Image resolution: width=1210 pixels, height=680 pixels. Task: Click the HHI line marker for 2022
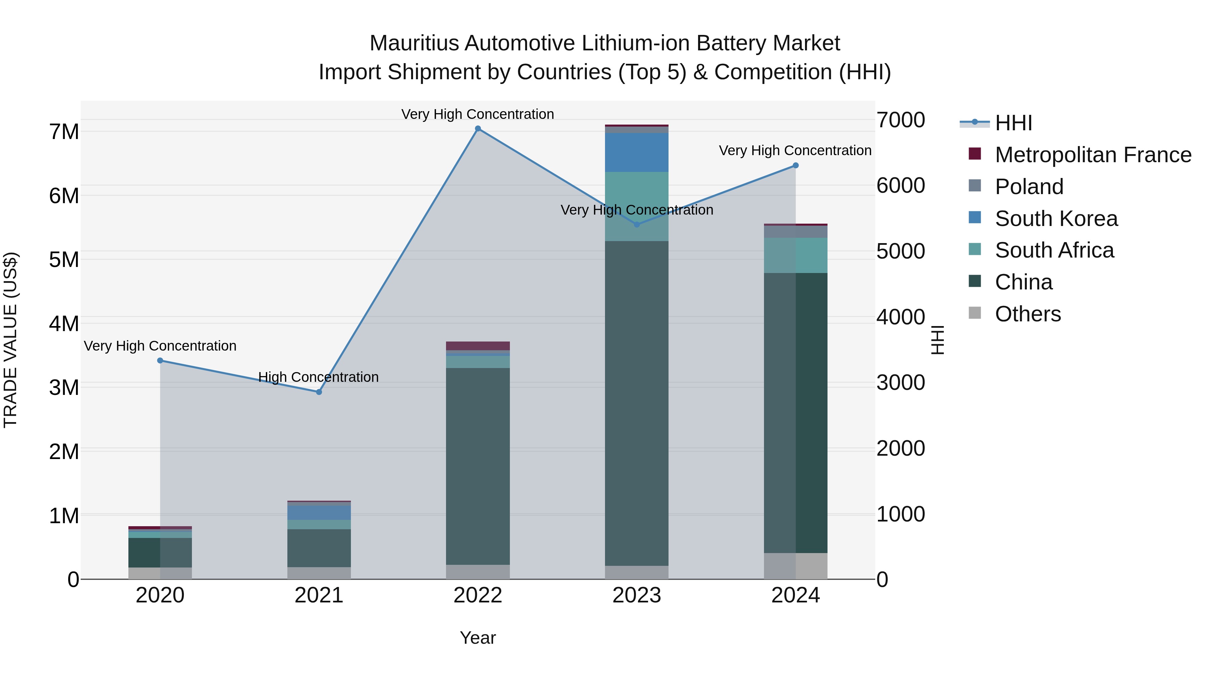478,129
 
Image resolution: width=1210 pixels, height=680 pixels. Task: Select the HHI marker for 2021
319,392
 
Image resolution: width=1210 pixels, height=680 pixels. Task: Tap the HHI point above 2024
796,166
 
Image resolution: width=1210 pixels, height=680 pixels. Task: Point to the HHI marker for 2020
160,360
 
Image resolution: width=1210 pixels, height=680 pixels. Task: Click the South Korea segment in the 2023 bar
637,152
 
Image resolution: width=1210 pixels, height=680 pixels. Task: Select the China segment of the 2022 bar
478,466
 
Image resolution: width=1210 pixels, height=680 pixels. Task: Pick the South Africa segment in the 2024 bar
796,255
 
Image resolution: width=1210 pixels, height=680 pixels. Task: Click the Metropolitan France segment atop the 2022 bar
478,346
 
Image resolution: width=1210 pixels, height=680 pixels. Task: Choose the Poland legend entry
1029,187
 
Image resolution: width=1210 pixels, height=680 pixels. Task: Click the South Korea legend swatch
975,218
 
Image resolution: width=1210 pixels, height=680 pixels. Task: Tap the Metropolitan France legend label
1093,155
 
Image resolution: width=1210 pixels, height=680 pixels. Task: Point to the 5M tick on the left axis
64,260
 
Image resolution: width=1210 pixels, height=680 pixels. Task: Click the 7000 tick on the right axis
901,120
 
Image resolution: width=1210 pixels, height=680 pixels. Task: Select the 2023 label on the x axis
637,595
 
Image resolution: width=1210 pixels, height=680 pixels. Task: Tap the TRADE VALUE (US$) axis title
10,340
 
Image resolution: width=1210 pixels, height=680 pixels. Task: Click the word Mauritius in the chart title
414,43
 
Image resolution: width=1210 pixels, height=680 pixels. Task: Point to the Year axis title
478,638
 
